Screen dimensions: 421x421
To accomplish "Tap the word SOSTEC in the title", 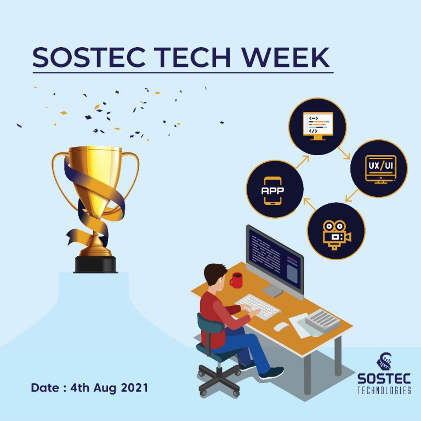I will (83, 56).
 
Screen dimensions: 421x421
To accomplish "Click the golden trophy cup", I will (96, 181).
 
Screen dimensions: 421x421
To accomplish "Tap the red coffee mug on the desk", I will (236, 280).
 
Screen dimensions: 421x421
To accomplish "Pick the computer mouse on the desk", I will (281, 327).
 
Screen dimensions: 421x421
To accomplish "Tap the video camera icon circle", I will (336, 230).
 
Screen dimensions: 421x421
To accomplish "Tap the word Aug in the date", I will (98, 388).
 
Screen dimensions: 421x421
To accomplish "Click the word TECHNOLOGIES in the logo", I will (384, 390).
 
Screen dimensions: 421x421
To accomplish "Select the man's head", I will (215, 276).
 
